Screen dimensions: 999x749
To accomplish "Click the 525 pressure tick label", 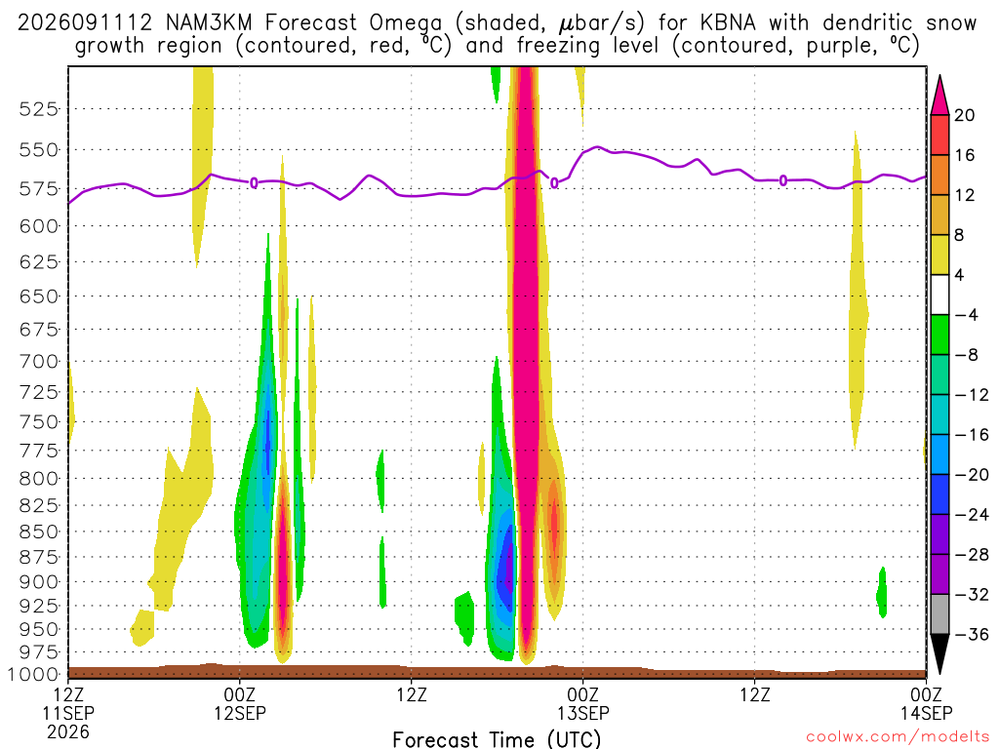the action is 38,109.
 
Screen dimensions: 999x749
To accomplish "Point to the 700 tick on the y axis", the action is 38,362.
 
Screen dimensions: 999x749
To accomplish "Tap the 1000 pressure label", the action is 33,675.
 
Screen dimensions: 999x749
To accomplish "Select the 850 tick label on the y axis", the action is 38,532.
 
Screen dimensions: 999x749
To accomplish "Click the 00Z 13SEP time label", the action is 583,703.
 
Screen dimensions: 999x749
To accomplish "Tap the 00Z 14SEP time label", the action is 926,703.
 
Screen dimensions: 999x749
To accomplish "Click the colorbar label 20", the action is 964,115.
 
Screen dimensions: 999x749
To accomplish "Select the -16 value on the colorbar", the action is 971,435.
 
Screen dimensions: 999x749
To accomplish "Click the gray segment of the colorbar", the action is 939,614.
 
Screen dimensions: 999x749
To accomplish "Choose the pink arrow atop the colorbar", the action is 939,95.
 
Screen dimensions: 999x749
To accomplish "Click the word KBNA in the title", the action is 728,23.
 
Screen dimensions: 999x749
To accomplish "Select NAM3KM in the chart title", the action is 209,23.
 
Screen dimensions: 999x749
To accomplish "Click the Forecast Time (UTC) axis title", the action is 497,739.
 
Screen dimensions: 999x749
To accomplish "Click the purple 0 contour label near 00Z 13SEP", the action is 554,182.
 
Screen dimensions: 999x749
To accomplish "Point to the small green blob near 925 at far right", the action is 882,592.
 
